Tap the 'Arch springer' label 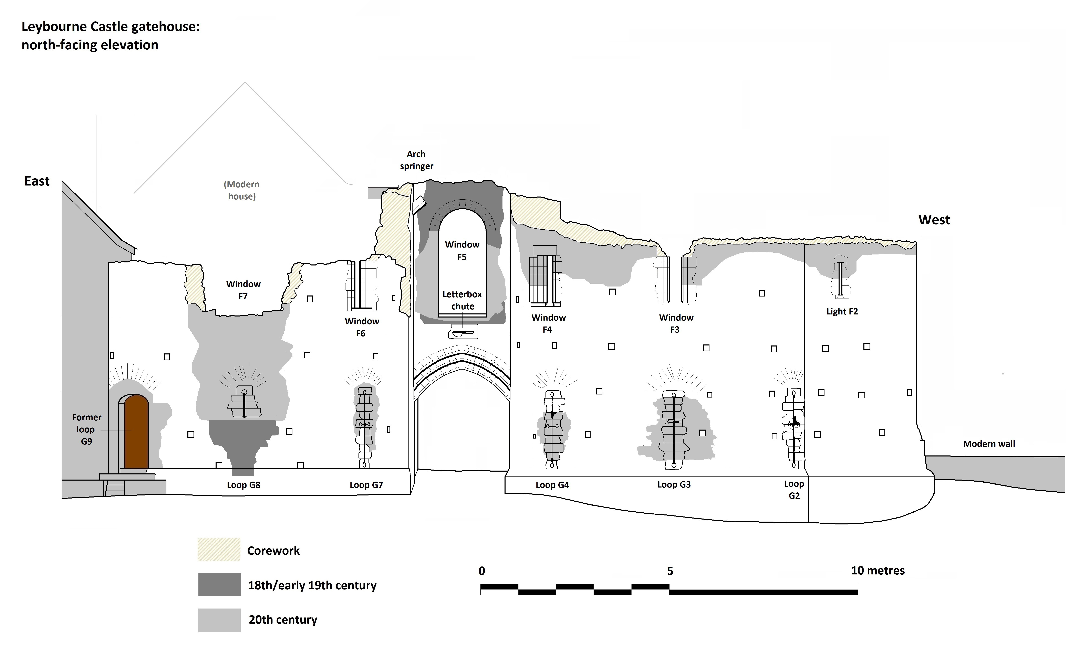(x=416, y=160)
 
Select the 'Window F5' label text (x=462, y=250)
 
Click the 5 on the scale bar (x=670, y=571)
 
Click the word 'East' (x=37, y=181)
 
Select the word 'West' (x=934, y=220)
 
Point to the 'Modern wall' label (x=989, y=444)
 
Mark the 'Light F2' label (x=842, y=311)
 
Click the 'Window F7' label (x=243, y=290)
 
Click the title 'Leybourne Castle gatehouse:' (x=111, y=27)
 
